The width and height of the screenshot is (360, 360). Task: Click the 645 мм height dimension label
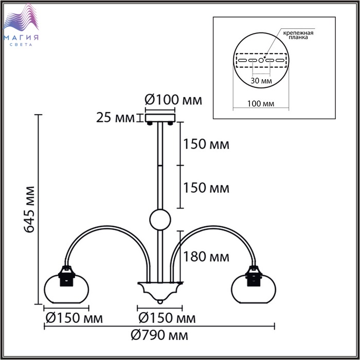[x=29, y=209]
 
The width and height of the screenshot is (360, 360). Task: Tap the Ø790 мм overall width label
[x=159, y=335]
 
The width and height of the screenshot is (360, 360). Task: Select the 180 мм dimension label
[x=206, y=257]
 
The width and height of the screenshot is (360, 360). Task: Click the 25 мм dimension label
[x=115, y=118]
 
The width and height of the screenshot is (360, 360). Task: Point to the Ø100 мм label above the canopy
[x=173, y=100]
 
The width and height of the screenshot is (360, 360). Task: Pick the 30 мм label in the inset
[x=261, y=81]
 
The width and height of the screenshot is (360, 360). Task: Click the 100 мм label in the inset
[x=261, y=104]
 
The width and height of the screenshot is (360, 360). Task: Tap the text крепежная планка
[x=298, y=35]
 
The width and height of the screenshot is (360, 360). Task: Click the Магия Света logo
[x=21, y=25]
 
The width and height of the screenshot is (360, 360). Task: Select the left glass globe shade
[x=66, y=289]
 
